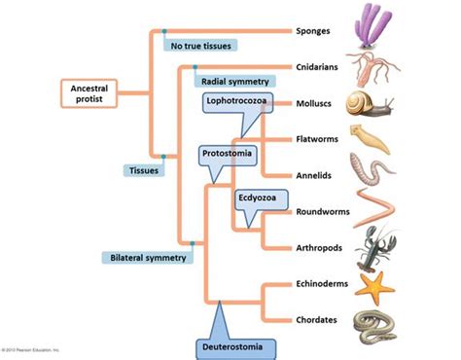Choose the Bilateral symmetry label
point(147,258)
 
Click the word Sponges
point(312,30)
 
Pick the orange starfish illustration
point(372,284)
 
